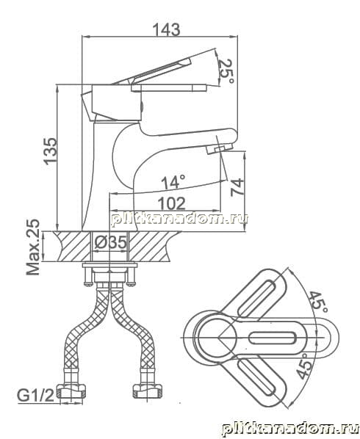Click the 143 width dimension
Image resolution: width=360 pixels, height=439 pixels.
coord(166,29)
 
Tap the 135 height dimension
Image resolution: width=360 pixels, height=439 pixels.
coord(50,150)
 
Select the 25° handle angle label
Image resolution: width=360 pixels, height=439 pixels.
coord(226,71)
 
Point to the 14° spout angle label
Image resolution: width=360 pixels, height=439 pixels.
coord(173,182)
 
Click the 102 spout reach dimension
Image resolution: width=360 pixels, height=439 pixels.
coord(171,203)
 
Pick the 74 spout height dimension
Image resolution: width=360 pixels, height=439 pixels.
coord(237,186)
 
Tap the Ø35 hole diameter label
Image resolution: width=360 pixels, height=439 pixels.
coord(110,242)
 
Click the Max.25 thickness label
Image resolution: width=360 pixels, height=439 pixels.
coord(33,247)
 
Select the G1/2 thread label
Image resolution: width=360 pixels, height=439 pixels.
coord(35,396)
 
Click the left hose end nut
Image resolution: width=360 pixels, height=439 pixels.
coord(71,391)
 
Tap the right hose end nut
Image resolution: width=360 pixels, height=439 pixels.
coord(147,391)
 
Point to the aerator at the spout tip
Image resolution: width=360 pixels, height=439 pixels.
coord(220,148)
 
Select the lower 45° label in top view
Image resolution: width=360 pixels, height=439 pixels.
coord(304,366)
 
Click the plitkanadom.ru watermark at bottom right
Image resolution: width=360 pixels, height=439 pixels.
coord(289,429)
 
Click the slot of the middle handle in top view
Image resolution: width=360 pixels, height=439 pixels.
coord(273,338)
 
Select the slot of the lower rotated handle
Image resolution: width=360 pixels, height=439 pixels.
coord(257,377)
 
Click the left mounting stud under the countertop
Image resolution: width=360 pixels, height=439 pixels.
coord(88,276)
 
